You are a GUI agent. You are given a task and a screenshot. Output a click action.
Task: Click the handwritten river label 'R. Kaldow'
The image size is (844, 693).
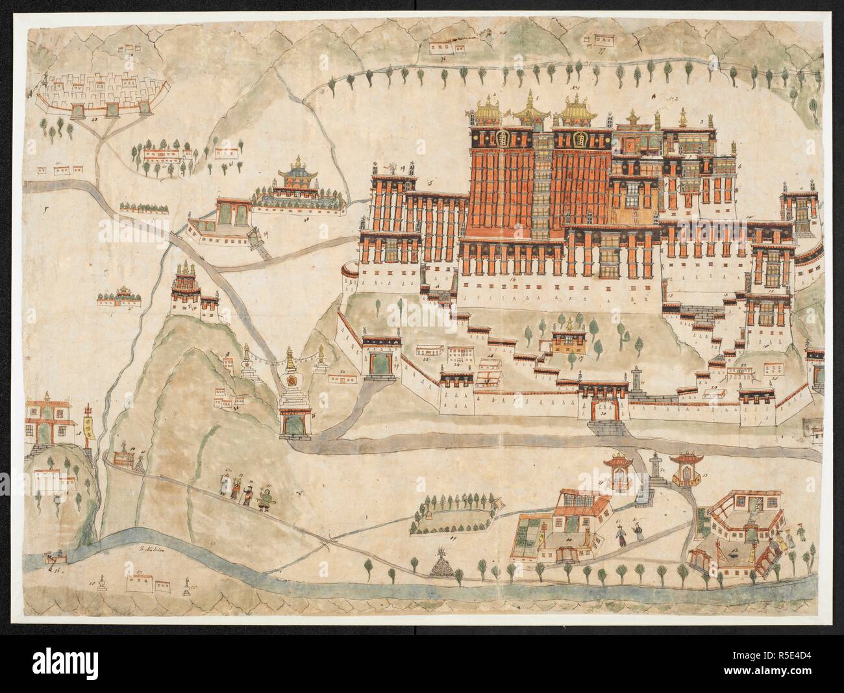tap(149, 548)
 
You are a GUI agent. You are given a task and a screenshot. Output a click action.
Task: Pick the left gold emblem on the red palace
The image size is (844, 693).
tap(500, 139)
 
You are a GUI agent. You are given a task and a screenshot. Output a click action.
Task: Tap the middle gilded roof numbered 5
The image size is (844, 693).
tap(531, 110)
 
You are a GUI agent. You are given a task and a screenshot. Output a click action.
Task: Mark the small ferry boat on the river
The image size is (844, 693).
tap(51, 557)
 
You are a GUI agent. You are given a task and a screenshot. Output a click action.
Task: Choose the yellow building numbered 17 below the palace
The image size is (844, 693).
tap(569, 340)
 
